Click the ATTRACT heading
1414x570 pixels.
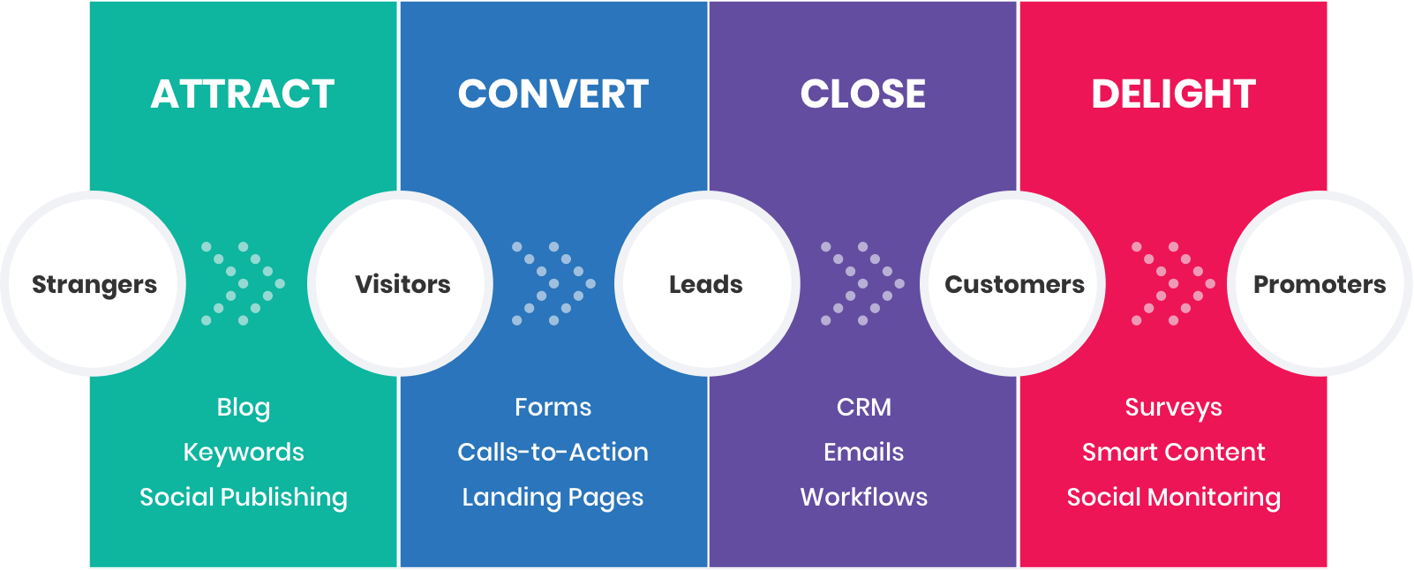[243, 94]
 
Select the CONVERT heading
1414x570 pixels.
[553, 94]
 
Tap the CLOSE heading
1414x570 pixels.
[863, 94]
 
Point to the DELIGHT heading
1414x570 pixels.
[1173, 94]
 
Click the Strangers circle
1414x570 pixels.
[94, 284]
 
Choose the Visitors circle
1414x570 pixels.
[402, 284]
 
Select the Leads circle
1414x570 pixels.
[706, 284]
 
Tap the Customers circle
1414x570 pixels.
[1014, 284]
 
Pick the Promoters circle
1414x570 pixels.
[1320, 284]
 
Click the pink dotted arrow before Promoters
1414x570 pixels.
[1173, 284]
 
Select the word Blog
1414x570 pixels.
[244, 408]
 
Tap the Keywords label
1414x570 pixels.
[244, 453]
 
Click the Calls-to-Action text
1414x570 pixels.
[553, 453]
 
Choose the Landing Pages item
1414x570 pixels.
[553, 498]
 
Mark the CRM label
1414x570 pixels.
[863, 408]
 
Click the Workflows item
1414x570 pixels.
[863, 498]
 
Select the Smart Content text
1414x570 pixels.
[1173, 453]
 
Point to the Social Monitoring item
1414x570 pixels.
[1173, 498]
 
